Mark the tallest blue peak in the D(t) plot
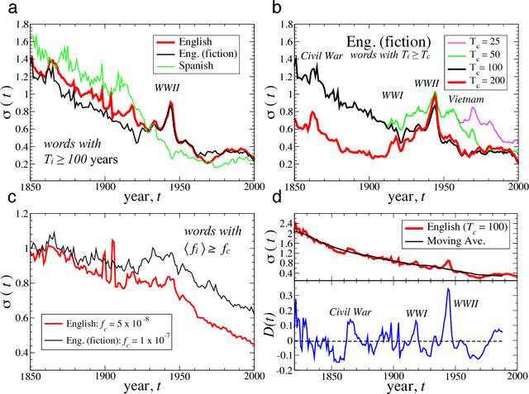click(448, 289)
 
